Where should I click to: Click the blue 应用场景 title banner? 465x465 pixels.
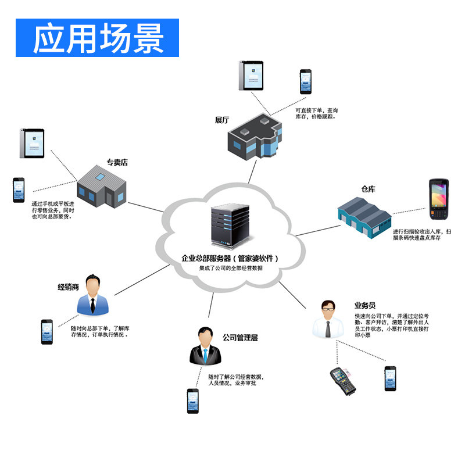[97, 38]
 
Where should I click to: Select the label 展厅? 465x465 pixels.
[221, 120]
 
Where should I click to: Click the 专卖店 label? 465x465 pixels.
[117, 162]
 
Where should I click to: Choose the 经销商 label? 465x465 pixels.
[68, 287]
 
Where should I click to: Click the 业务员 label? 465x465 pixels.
[365, 305]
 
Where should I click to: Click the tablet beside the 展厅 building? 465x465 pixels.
[251, 76]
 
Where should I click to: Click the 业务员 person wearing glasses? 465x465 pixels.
[327, 319]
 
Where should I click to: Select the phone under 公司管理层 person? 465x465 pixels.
[192, 400]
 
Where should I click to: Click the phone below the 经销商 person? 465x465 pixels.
[47, 331]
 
